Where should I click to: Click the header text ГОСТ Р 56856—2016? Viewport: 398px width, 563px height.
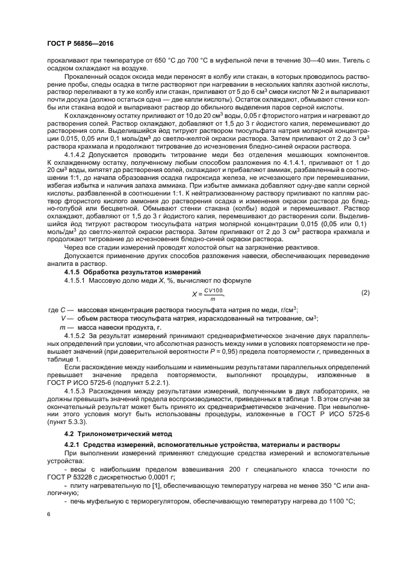click(x=80, y=45)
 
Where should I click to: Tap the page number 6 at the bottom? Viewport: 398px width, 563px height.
click(x=48, y=514)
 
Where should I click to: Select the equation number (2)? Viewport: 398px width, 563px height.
click(x=364, y=292)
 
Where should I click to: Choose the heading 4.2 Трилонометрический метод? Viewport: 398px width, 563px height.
click(x=111, y=434)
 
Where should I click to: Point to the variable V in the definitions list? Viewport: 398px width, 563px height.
click(x=63, y=318)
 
